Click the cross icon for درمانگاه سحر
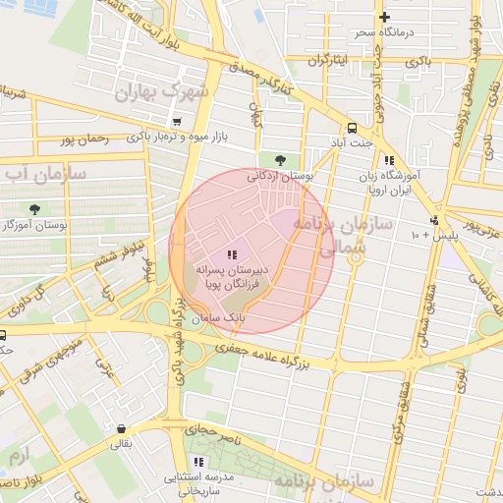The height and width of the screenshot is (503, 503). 384,17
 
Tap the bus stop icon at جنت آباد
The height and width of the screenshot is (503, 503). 351,128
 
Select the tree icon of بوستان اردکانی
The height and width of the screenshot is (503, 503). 282,159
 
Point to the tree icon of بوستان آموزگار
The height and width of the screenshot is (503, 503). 35,208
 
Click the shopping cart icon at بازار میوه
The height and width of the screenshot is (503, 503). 176,122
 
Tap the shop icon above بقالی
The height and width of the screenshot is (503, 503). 120,429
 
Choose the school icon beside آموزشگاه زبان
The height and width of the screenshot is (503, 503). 389,160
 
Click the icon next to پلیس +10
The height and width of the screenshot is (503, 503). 435,220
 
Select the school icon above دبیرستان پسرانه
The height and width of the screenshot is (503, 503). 231,253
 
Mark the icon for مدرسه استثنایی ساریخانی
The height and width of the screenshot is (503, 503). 198,462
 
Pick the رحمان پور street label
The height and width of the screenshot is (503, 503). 83,140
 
